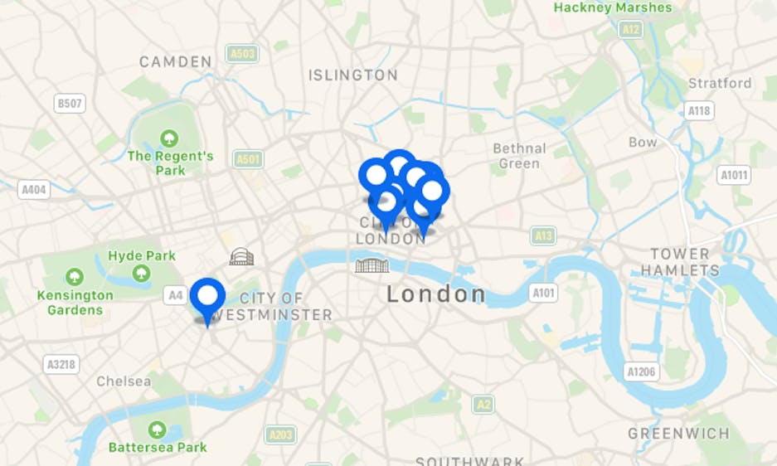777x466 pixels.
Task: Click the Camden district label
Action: (x=176, y=61)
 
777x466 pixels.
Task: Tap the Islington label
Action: (x=353, y=75)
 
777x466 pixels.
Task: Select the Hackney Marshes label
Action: (x=613, y=7)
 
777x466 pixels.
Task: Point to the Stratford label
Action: (x=720, y=83)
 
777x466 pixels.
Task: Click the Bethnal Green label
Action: (x=520, y=156)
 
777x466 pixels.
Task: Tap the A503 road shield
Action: (x=242, y=54)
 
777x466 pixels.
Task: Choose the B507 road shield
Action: (x=69, y=104)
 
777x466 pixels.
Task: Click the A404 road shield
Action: (x=33, y=190)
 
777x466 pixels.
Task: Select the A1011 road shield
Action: (x=734, y=175)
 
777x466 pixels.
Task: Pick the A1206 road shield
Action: (x=642, y=372)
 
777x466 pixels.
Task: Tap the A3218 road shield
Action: (x=61, y=364)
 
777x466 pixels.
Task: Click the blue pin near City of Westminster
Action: (x=207, y=297)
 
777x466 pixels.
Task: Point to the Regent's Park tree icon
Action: (x=170, y=138)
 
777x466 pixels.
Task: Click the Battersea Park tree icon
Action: (x=157, y=430)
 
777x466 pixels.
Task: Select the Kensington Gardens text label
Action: (x=75, y=303)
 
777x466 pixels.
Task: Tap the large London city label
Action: (x=437, y=294)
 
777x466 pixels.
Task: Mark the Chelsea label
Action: (x=124, y=381)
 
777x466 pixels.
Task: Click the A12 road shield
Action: (x=630, y=30)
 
